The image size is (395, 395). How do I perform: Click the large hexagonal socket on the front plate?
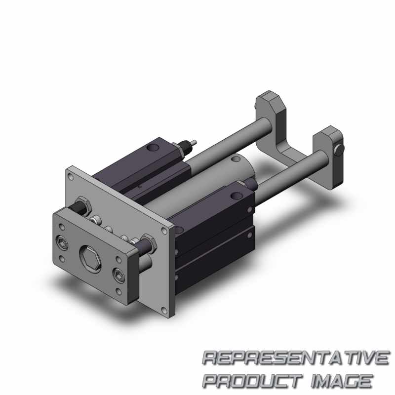point(90,259)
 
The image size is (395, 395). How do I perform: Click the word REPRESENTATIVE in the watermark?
point(296,357)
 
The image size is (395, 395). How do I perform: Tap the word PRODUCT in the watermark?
point(252,381)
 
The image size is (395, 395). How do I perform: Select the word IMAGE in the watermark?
point(342,381)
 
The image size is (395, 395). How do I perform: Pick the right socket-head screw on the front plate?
point(118,274)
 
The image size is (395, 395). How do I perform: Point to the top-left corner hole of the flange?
point(71,177)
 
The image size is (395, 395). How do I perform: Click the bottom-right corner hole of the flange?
point(164,310)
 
